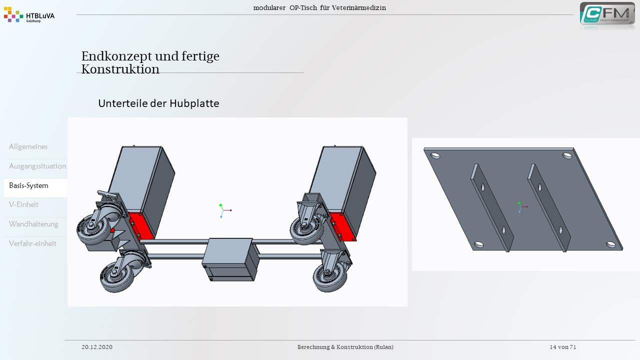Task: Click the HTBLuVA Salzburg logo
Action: [29, 15]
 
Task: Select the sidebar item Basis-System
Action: [28, 185]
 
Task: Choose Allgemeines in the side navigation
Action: [28, 146]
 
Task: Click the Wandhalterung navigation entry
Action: [33, 224]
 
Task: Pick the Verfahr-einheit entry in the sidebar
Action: [32, 243]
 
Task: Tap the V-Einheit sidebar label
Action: [23, 204]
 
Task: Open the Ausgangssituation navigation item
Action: [37, 166]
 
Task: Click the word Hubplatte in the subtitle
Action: [194, 103]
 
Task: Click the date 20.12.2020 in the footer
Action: [97, 347]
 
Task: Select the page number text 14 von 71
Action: [563, 347]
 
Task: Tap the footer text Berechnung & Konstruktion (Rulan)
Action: [345, 347]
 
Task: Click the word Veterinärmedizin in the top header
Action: [359, 7]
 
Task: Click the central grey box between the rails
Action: [230, 259]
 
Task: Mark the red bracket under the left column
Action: [141, 225]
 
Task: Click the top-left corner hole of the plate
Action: [435, 155]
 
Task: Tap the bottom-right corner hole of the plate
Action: [611, 244]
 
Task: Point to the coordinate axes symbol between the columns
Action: [225, 210]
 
